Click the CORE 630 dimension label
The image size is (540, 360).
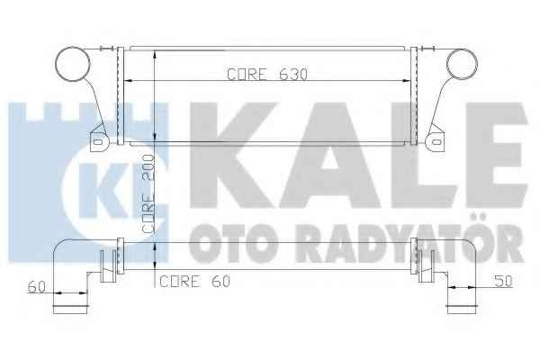[x=267, y=74]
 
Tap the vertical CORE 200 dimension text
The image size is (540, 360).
[x=148, y=194]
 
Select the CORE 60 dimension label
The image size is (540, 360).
[x=194, y=282]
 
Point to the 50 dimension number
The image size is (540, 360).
[x=503, y=282]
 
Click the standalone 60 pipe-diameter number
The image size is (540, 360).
[x=37, y=287]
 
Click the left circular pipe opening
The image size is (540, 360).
[x=73, y=64]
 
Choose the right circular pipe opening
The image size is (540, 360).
[x=462, y=65]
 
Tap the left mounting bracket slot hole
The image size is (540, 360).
[x=98, y=141]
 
